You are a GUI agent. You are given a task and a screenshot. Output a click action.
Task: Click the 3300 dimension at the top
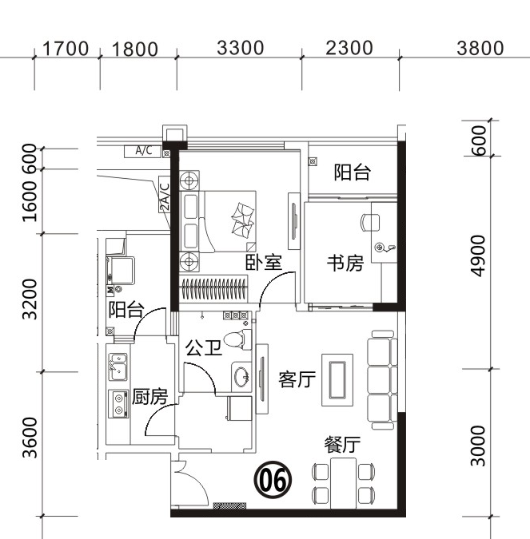241,48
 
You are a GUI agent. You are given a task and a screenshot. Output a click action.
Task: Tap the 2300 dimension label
349,48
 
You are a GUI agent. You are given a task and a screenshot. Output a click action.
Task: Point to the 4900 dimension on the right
478,256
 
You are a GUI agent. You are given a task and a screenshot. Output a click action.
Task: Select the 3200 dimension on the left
30,299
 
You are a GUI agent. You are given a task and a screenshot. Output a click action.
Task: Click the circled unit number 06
273,480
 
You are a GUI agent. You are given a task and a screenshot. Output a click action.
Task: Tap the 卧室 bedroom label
264,263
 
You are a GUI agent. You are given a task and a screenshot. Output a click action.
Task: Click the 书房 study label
345,263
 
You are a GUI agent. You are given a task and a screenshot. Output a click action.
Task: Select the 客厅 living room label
297,379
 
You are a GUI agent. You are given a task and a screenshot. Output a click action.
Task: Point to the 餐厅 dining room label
342,445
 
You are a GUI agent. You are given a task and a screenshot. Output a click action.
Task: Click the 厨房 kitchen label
149,396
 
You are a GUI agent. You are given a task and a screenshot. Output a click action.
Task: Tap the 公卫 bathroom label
203,347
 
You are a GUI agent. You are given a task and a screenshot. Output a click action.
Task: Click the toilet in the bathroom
237,339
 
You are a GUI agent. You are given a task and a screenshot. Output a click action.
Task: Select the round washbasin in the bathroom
241,376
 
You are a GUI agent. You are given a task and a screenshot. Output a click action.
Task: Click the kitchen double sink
118,367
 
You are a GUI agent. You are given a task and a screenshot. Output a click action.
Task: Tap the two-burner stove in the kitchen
118,404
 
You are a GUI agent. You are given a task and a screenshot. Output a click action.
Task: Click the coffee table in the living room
337,380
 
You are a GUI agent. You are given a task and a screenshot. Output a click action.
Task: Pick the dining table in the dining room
343,483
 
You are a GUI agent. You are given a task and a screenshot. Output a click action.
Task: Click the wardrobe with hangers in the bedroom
213,288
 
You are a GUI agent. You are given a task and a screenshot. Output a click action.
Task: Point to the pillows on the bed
243,220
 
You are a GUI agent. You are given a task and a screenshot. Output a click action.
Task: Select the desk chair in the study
370,223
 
